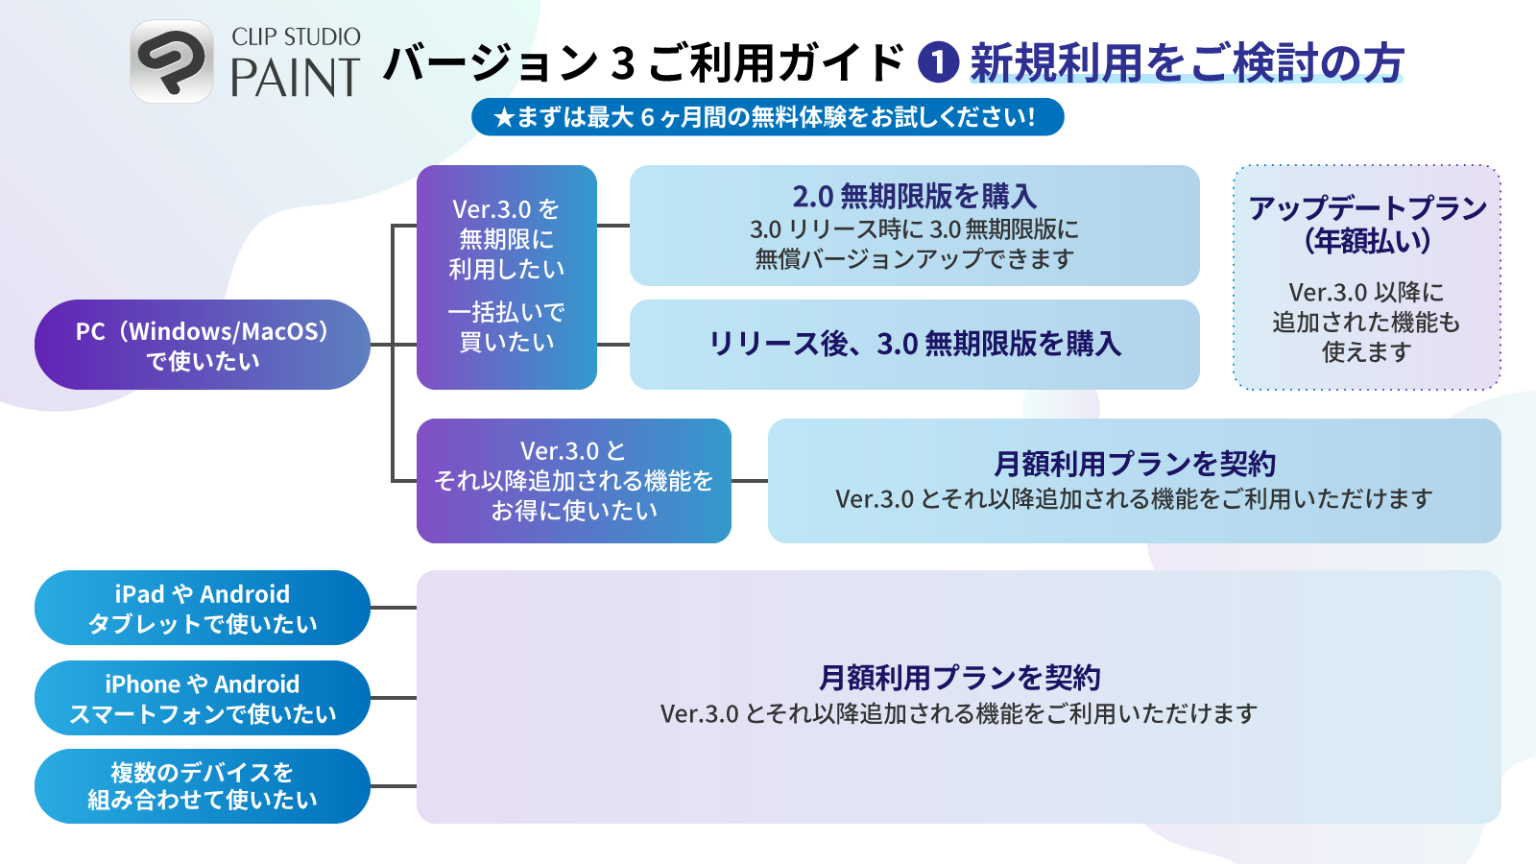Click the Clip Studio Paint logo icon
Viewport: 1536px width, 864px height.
point(172,61)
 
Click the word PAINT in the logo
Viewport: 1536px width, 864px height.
point(296,78)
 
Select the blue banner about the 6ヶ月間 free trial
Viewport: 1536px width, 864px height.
point(767,117)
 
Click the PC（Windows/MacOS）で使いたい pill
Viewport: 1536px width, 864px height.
point(202,345)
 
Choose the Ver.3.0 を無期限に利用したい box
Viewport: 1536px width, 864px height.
point(506,276)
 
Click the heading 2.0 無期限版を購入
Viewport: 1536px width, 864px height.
point(914,197)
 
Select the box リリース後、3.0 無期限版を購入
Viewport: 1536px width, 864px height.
point(914,344)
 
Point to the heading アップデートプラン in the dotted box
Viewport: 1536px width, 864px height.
point(1367,208)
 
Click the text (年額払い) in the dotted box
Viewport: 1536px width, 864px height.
point(1367,241)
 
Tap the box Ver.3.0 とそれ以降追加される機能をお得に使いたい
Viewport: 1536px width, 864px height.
point(573,481)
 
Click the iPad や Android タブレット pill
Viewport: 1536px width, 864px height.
point(202,608)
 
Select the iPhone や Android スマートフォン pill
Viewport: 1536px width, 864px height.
point(202,698)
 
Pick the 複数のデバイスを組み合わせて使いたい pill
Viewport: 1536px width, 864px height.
point(202,786)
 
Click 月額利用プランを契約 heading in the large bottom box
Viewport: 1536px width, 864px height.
point(959,678)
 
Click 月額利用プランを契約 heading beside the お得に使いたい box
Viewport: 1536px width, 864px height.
point(1134,465)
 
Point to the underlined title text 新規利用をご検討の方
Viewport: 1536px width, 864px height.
point(1187,63)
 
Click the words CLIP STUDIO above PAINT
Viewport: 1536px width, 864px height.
point(296,36)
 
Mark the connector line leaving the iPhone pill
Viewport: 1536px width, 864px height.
point(394,698)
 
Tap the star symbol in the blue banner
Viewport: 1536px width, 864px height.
point(503,118)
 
